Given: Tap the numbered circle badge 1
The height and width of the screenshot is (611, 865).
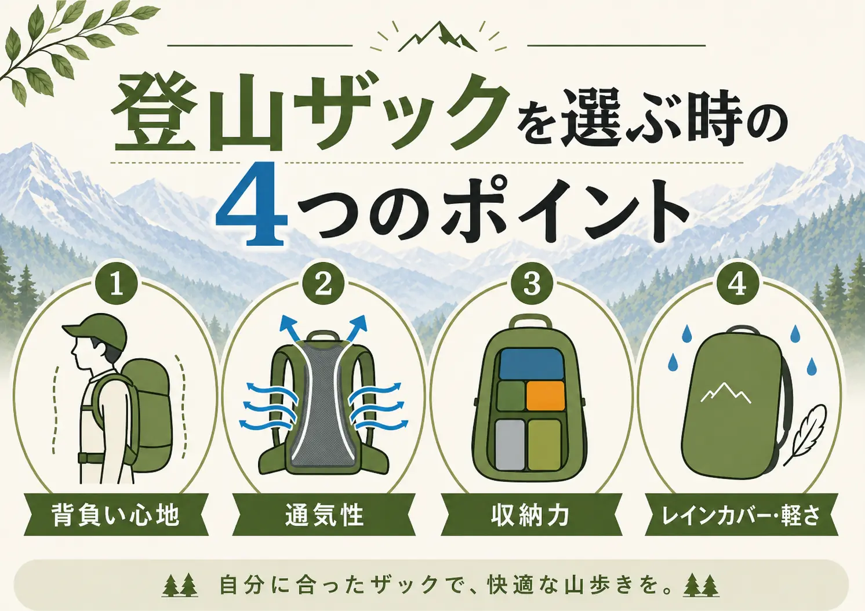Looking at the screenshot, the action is (x=117, y=285).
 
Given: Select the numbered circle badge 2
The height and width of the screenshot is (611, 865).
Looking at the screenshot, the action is (x=324, y=285).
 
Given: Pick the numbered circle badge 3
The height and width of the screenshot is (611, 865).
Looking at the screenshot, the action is (x=532, y=285).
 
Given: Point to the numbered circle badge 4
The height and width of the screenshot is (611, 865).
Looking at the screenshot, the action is (x=738, y=285).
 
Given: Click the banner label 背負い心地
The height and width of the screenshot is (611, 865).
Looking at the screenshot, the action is (x=116, y=515).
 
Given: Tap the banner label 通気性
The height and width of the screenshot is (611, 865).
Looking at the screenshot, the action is (x=325, y=515).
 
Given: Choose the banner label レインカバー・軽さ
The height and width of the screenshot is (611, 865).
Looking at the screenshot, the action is (x=741, y=515).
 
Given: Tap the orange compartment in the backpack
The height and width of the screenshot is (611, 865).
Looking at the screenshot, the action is (x=545, y=397).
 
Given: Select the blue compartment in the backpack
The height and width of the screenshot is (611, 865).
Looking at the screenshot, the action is (x=529, y=364).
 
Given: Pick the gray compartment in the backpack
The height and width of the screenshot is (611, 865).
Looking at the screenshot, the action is (x=510, y=445).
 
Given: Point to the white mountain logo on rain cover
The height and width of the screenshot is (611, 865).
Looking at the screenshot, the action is (x=726, y=392).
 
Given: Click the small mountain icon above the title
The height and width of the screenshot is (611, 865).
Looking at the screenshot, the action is (x=438, y=38).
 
